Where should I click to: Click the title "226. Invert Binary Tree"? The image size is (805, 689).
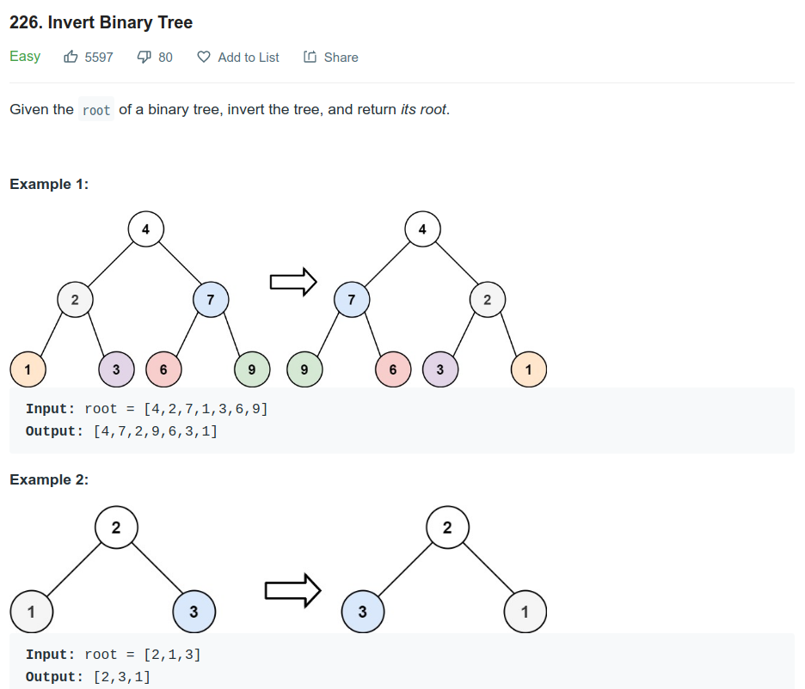[101, 22]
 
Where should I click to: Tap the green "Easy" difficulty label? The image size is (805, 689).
[25, 57]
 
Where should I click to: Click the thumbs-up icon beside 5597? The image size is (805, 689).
[71, 58]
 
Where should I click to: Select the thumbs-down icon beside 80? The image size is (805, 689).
[144, 58]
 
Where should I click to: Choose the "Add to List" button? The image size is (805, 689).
[238, 58]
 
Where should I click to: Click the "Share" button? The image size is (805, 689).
[331, 58]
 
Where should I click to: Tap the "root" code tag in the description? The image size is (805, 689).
[96, 111]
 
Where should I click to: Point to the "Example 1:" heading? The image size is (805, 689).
[49, 184]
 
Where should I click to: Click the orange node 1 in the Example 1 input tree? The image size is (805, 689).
[28, 370]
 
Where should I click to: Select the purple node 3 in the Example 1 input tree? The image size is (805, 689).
[116, 370]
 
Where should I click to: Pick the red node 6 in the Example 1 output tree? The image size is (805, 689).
[393, 370]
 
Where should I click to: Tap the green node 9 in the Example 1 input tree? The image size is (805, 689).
[251, 370]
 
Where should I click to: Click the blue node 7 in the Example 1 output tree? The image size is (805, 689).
[351, 300]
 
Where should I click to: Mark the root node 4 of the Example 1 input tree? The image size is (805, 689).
[146, 229]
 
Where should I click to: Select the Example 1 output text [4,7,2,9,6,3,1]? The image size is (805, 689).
[155, 431]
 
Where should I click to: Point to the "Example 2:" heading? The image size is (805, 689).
[49, 479]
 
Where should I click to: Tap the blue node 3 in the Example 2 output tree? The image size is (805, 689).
[362, 613]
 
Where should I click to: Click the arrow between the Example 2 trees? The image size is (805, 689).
[292, 590]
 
